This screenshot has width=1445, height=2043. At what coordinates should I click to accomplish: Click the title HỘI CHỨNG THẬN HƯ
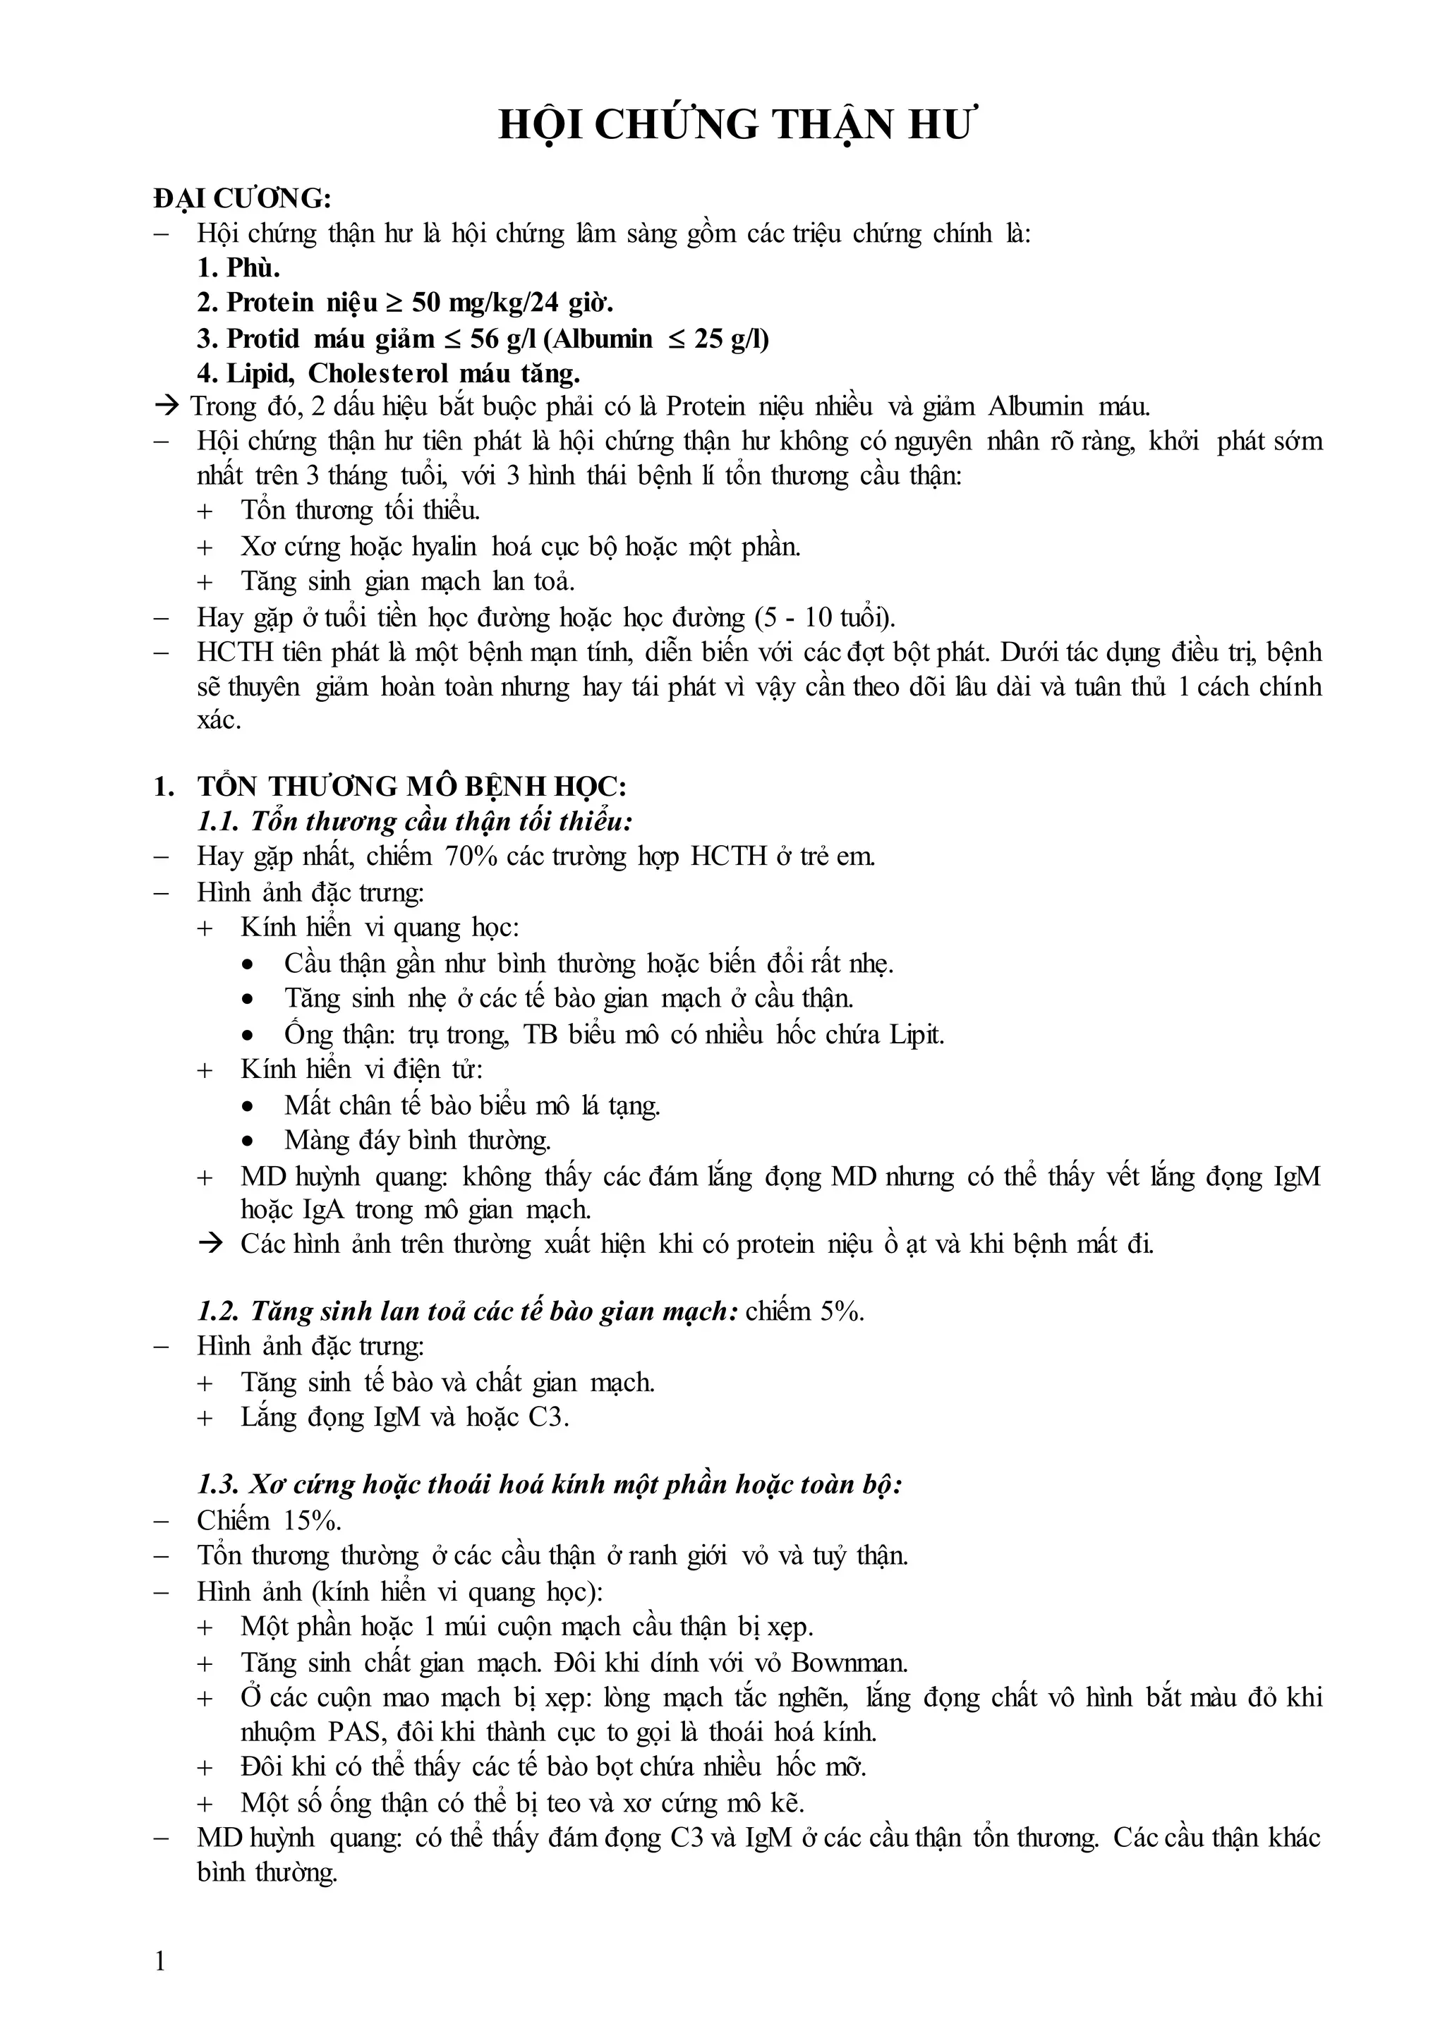pyautogui.click(x=737, y=126)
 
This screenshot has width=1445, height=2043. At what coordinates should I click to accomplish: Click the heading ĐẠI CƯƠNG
pyautogui.click(x=241, y=198)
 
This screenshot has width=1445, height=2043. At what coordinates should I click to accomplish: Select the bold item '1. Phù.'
pyautogui.click(x=238, y=268)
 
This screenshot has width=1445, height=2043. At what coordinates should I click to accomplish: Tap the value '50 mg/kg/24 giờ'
pyautogui.click(x=514, y=303)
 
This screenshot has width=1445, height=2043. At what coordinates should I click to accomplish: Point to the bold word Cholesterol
pyautogui.click(x=379, y=372)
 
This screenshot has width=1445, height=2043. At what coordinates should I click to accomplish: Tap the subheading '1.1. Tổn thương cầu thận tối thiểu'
pyautogui.click(x=415, y=821)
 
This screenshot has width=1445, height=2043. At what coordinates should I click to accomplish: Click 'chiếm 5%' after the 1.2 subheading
pyautogui.click(x=804, y=1311)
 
